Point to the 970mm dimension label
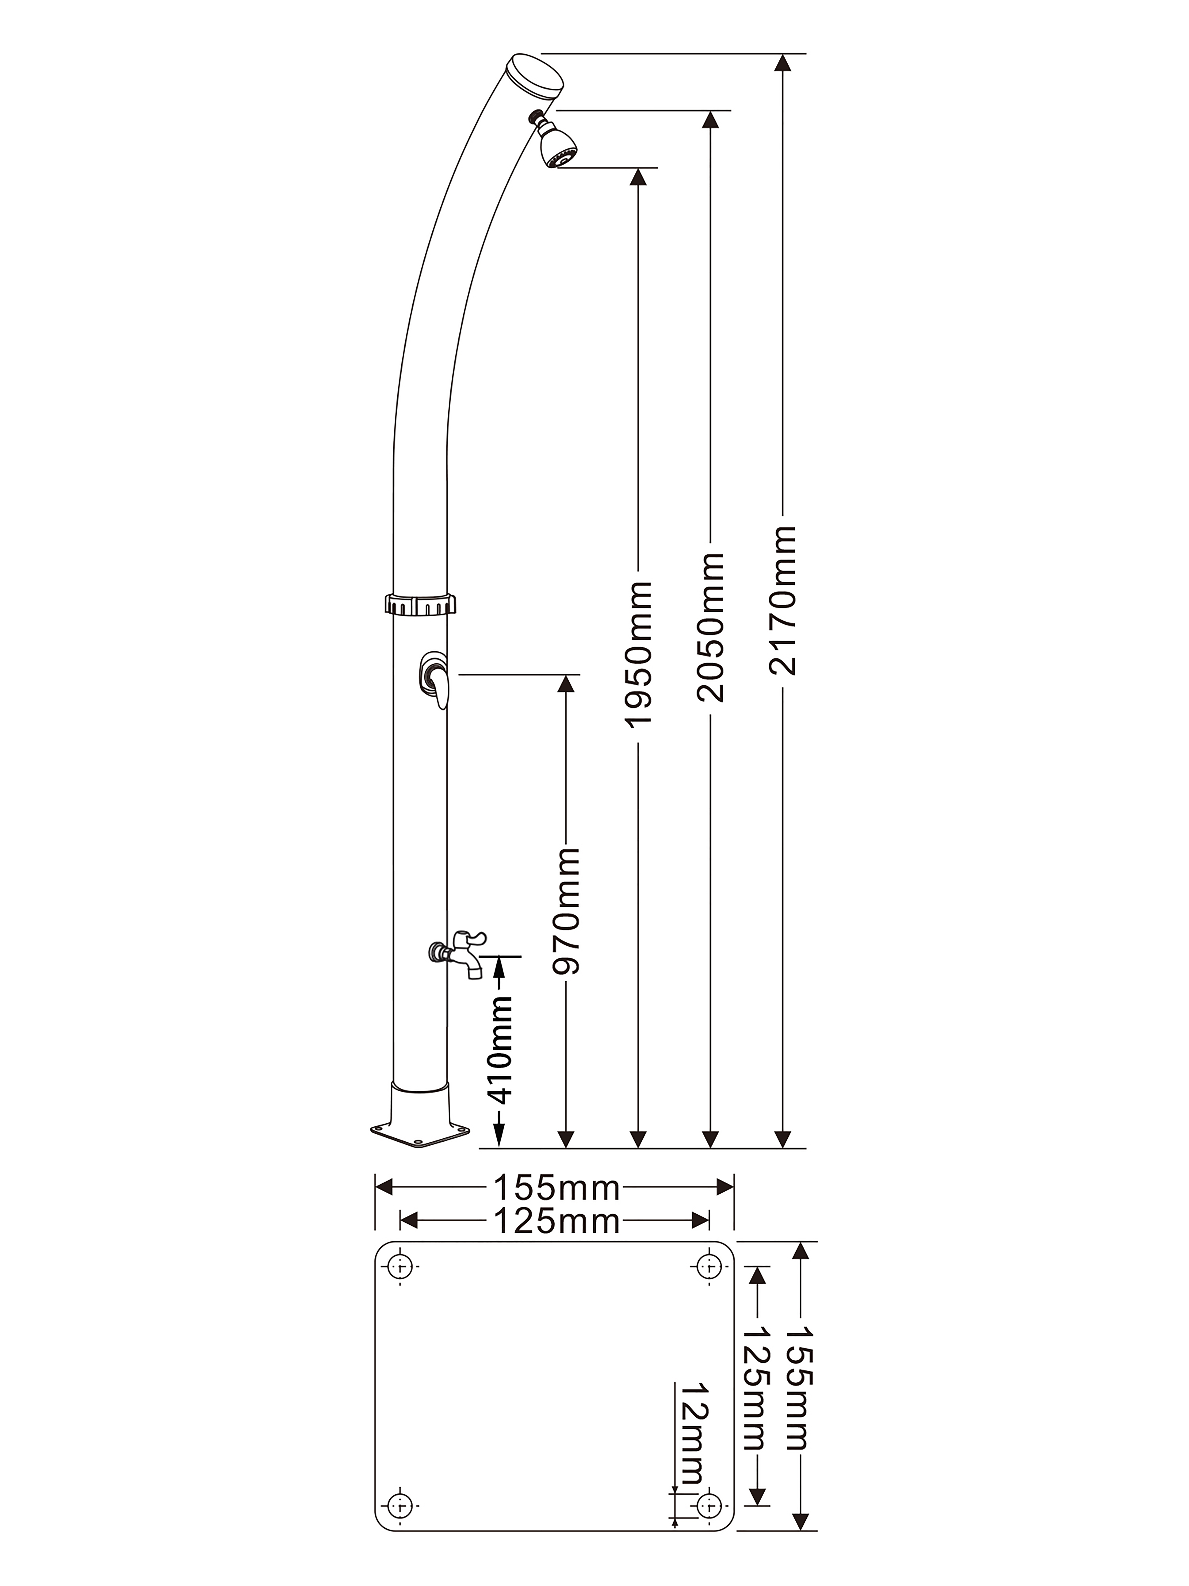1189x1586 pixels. [566, 911]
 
